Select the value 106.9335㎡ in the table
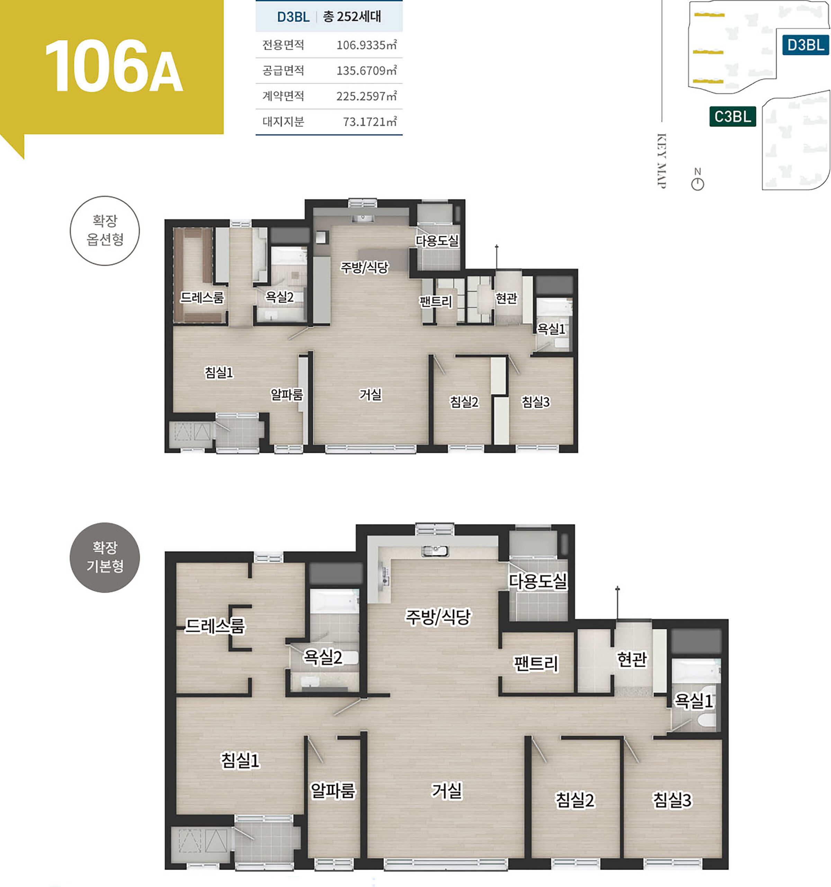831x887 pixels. [x=366, y=45]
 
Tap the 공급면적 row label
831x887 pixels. [x=283, y=70]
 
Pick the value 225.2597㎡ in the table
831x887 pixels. [x=366, y=96]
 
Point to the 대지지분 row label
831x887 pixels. [x=283, y=121]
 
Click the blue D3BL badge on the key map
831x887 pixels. [x=806, y=45]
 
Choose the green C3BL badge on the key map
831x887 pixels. [x=732, y=116]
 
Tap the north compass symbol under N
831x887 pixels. [x=697, y=184]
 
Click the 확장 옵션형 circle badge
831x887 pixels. [x=105, y=231]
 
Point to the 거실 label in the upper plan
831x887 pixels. [x=370, y=394]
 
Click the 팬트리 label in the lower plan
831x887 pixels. [x=536, y=664]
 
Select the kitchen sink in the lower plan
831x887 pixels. [x=435, y=551]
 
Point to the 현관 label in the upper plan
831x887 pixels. [x=507, y=298]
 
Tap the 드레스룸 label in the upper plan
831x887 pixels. [x=202, y=297]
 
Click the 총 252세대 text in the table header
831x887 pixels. [x=352, y=17]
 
